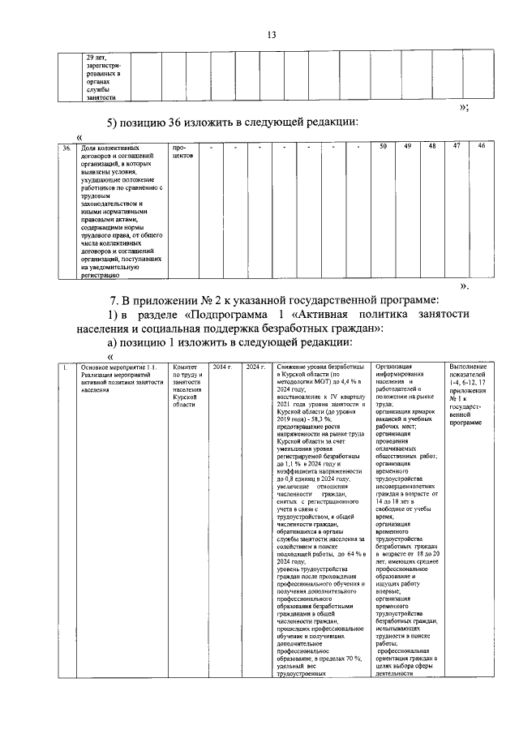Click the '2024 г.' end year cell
[x=255, y=367]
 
